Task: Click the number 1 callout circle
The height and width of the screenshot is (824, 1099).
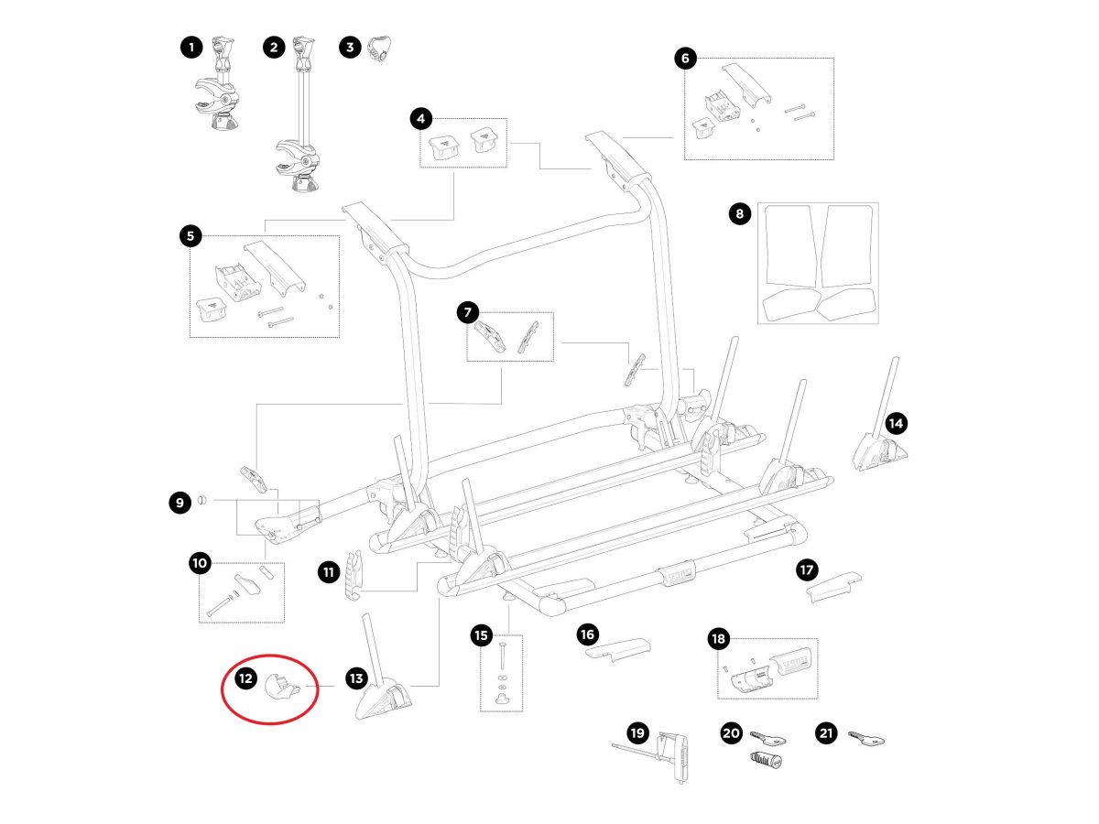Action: (190, 48)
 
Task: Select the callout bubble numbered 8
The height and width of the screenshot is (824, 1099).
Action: (739, 215)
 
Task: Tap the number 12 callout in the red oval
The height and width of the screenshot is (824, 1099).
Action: (245, 678)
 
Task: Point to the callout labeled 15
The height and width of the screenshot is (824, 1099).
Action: (482, 634)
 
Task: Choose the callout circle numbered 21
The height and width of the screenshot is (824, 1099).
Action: (827, 733)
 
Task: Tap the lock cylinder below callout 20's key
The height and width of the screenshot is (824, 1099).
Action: (764, 759)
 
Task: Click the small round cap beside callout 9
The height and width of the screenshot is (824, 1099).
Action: (203, 501)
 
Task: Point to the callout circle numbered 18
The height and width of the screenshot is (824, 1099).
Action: (717, 638)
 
